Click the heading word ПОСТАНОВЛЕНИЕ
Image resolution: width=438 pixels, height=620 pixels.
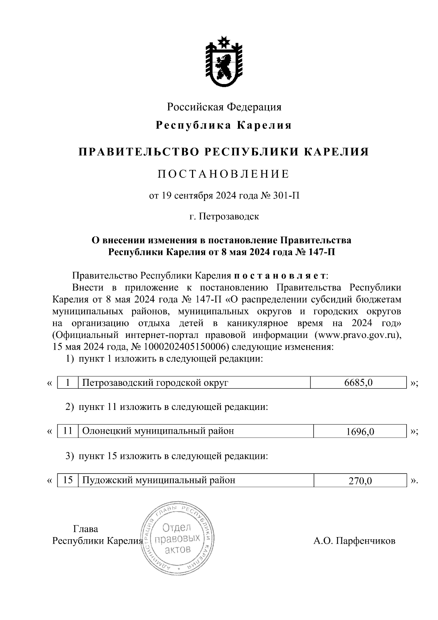pos(223,174)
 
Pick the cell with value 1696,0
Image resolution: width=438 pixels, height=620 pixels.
pos(360,431)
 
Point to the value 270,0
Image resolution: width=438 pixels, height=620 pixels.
pos(360,480)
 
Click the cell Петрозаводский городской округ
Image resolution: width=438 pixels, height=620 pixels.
pos(155,383)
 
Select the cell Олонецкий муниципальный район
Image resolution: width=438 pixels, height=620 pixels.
pos(158,431)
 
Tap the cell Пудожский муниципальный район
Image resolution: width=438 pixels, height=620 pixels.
pos(159,480)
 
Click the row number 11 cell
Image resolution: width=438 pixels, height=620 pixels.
pos(68,431)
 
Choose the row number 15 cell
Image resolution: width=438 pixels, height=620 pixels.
pos(68,480)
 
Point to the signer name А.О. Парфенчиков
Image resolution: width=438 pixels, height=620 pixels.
pos(354,541)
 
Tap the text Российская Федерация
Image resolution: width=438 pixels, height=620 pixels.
pos(224,107)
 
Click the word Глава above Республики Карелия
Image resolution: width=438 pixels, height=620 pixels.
pos(86,529)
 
